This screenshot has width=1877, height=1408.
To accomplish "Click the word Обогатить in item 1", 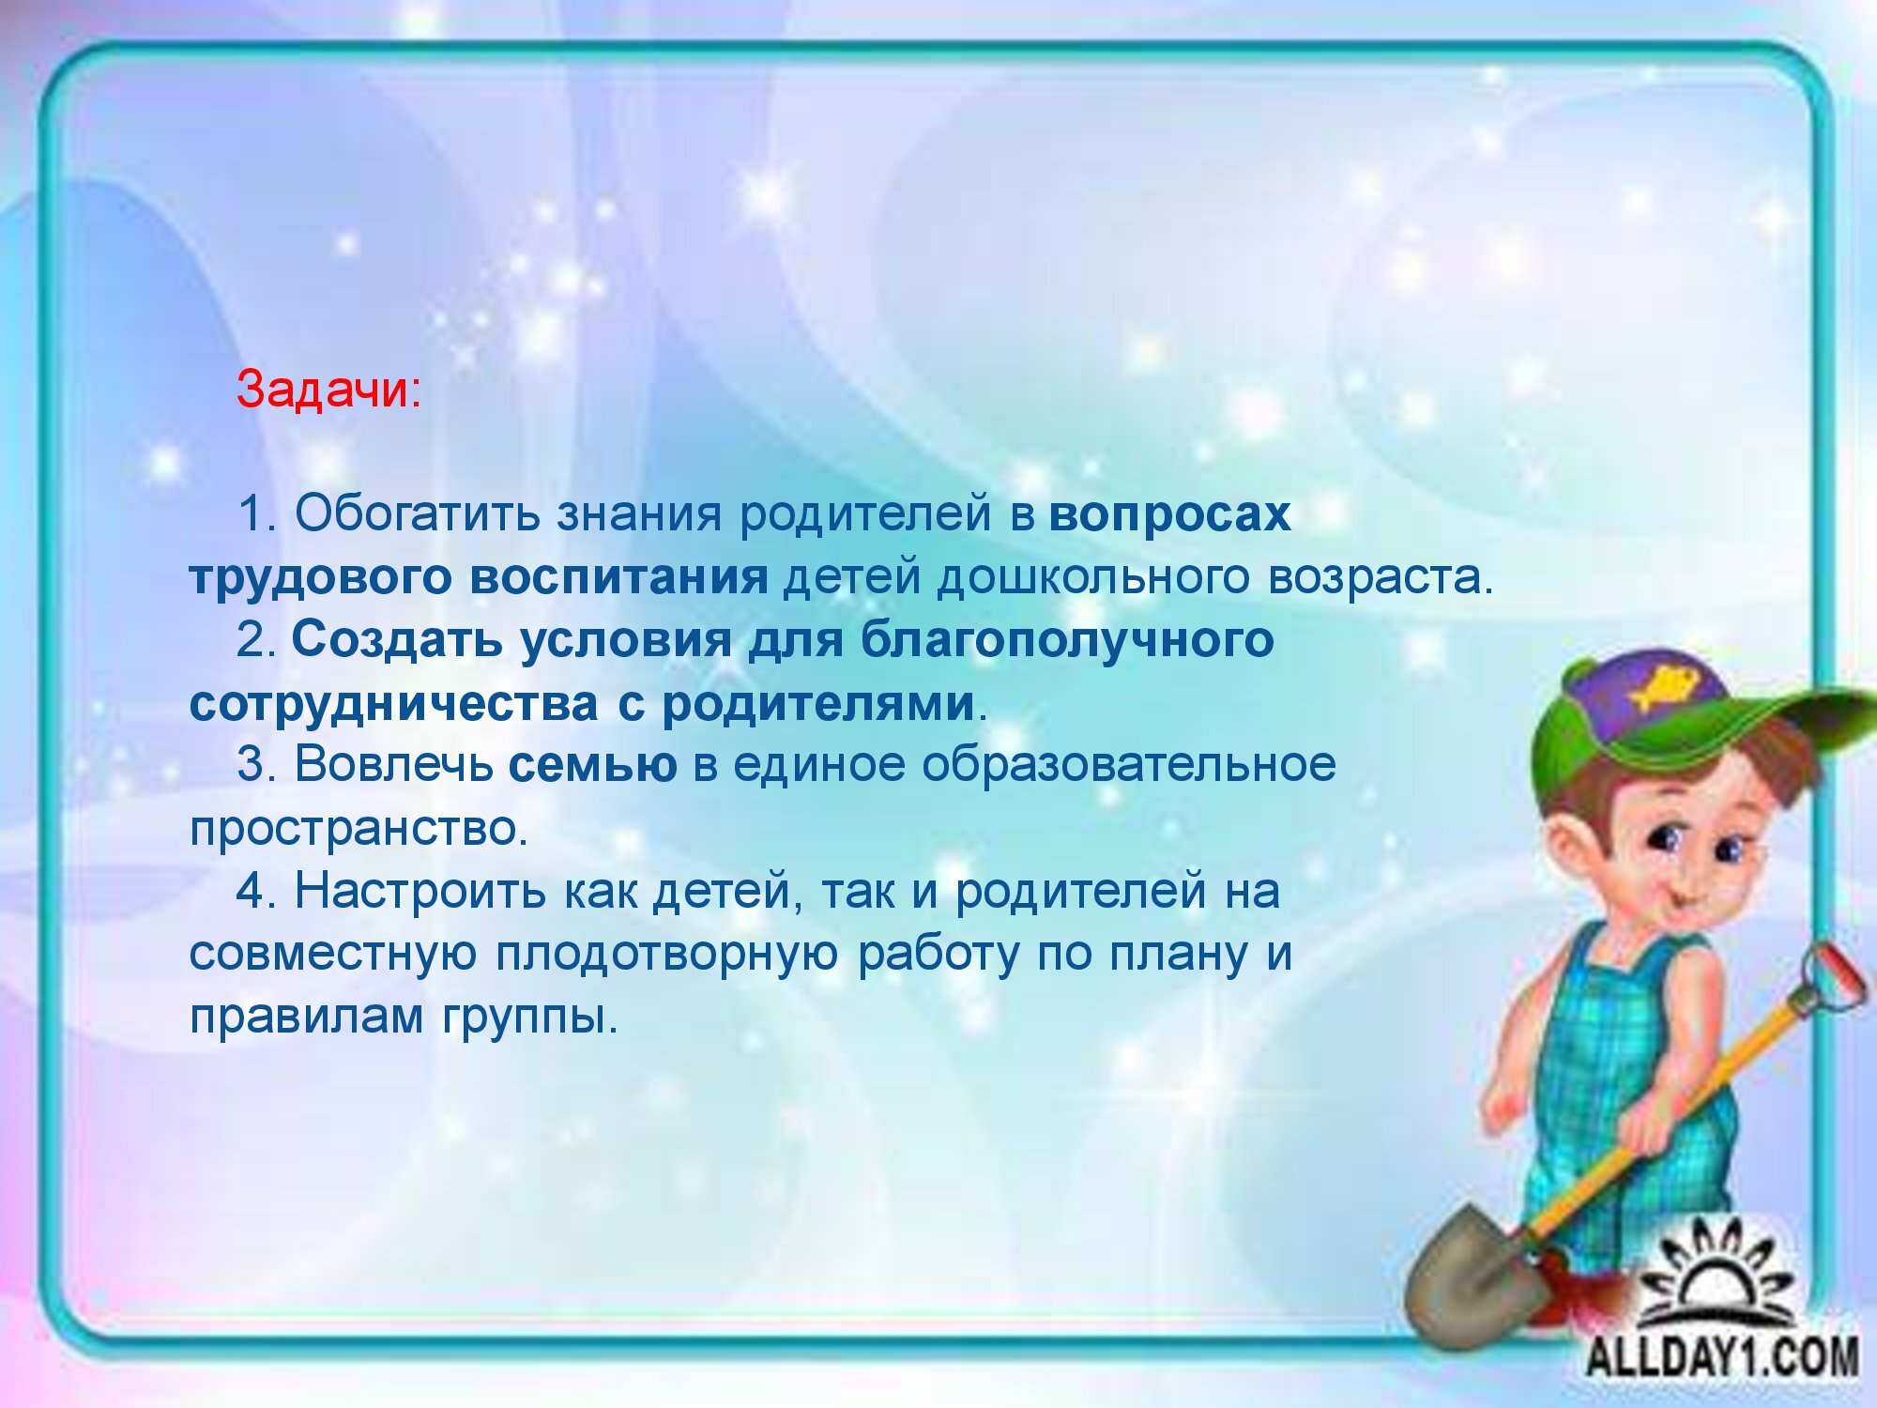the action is [x=417, y=514].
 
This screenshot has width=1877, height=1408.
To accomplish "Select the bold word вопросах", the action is [x=1169, y=514].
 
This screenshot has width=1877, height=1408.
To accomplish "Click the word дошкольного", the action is [x=1094, y=577].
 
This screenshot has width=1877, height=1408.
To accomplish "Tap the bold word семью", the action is [x=592, y=765].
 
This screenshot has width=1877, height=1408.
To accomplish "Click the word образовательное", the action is [x=1129, y=765].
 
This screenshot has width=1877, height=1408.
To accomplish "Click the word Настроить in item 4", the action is [x=420, y=890].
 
